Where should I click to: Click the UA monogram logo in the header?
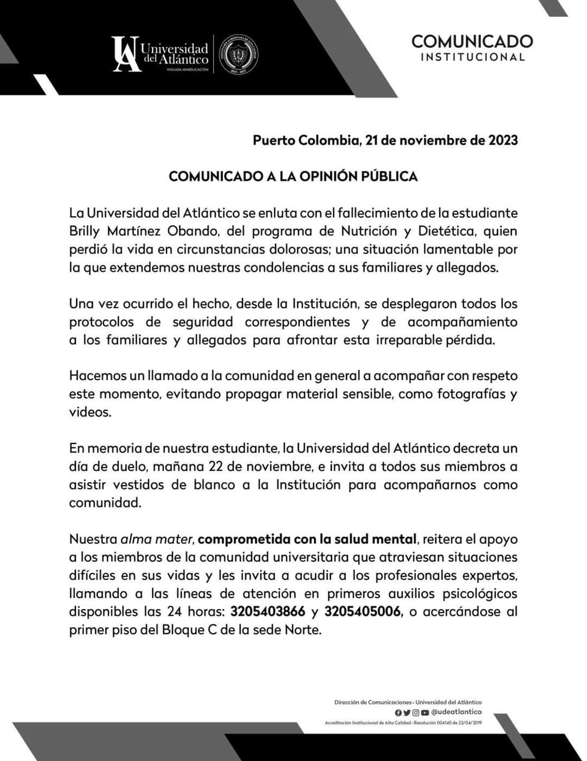[127, 53]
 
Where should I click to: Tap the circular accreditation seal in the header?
[238, 54]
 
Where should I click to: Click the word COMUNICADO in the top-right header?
[472, 41]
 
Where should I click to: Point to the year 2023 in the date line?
[503, 140]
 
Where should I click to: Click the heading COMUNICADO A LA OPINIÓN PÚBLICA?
[293, 176]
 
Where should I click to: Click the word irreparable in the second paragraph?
[411, 340]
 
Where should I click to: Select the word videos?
[90, 412]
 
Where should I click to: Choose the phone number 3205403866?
[267, 611]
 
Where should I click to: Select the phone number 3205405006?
[363, 611]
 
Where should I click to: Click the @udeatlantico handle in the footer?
[456, 712]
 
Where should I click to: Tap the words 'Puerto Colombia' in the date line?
[306, 140]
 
